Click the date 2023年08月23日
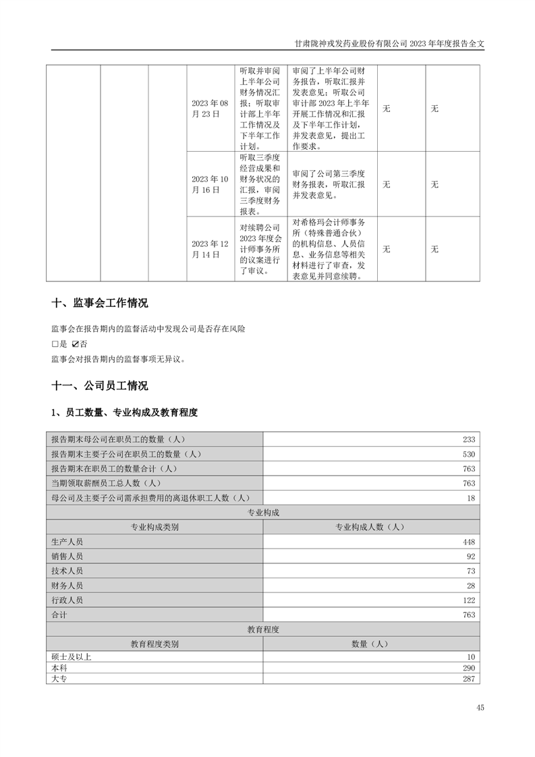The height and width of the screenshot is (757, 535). pyautogui.click(x=210, y=108)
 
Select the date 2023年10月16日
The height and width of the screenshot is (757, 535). pyautogui.click(x=210, y=184)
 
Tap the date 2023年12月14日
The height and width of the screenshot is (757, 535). pyautogui.click(x=210, y=249)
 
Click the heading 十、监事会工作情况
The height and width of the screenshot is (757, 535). pyautogui.click(x=99, y=303)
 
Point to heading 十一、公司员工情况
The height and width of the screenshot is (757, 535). pyautogui.click(x=99, y=386)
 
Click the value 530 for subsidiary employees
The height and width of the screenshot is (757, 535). pyautogui.click(x=469, y=454)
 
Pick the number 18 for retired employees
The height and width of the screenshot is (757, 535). pyautogui.click(x=471, y=498)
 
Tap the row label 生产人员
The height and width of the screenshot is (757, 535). pyautogui.click(x=67, y=542)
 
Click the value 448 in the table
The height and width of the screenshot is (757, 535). pyautogui.click(x=469, y=542)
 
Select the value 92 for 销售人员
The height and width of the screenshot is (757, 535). pyautogui.click(x=471, y=557)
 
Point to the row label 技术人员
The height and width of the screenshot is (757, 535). pyautogui.click(x=67, y=571)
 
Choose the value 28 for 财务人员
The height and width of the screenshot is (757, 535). pyautogui.click(x=471, y=586)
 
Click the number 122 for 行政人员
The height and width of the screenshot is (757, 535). pyautogui.click(x=469, y=600)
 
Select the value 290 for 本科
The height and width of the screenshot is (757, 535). pyautogui.click(x=469, y=667)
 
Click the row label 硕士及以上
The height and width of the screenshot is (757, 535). pyautogui.click(x=71, y=656)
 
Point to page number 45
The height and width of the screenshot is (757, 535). pyautogui.click(x=480, y=708)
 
